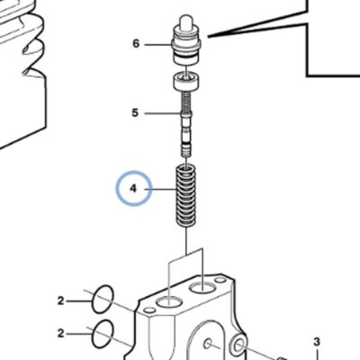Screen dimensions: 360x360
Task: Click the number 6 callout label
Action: pyautogui.click(x=136, y=44)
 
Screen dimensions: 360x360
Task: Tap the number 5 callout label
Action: pyautogui.click(x=135, y=113)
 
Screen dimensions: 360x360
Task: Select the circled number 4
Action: pyautogui.click(x=134, y=188)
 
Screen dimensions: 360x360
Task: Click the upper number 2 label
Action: pyautogui.click(x=61, y=301)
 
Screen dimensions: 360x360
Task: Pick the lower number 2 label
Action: pyautogui.click(x=61, y=333)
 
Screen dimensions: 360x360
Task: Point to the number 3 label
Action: pyautogui.click(x=317, y=342)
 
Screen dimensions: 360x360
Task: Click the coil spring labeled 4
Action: pyautogui.click(x=186, y=196)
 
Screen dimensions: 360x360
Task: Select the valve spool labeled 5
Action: pyautogui.click(x=186, y=124)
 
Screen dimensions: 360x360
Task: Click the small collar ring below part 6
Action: pyautogui.click(x=186, y=81)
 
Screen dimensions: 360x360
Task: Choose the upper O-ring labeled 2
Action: pyautogui.click(x=103, y=299)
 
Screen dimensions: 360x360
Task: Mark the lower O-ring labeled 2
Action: pyautogui.click(x=103, y=334)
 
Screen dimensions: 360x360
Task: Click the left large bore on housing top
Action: pyautogui.click(x=170, y=301)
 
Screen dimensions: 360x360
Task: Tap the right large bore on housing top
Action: pyautogui.click(x=202, y=288)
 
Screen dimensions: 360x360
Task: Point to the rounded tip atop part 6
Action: pyautogui.click(x=186, y=21)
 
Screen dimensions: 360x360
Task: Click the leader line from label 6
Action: pyautogui.click(x=158, y=45)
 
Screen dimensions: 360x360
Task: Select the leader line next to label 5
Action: pyautogui.click(x=163, y=113)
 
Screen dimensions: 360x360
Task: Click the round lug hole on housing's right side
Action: pyautogui.click(x=239, y=346)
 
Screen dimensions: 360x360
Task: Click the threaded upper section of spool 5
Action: pyautogui.click(x=186, y=101)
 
